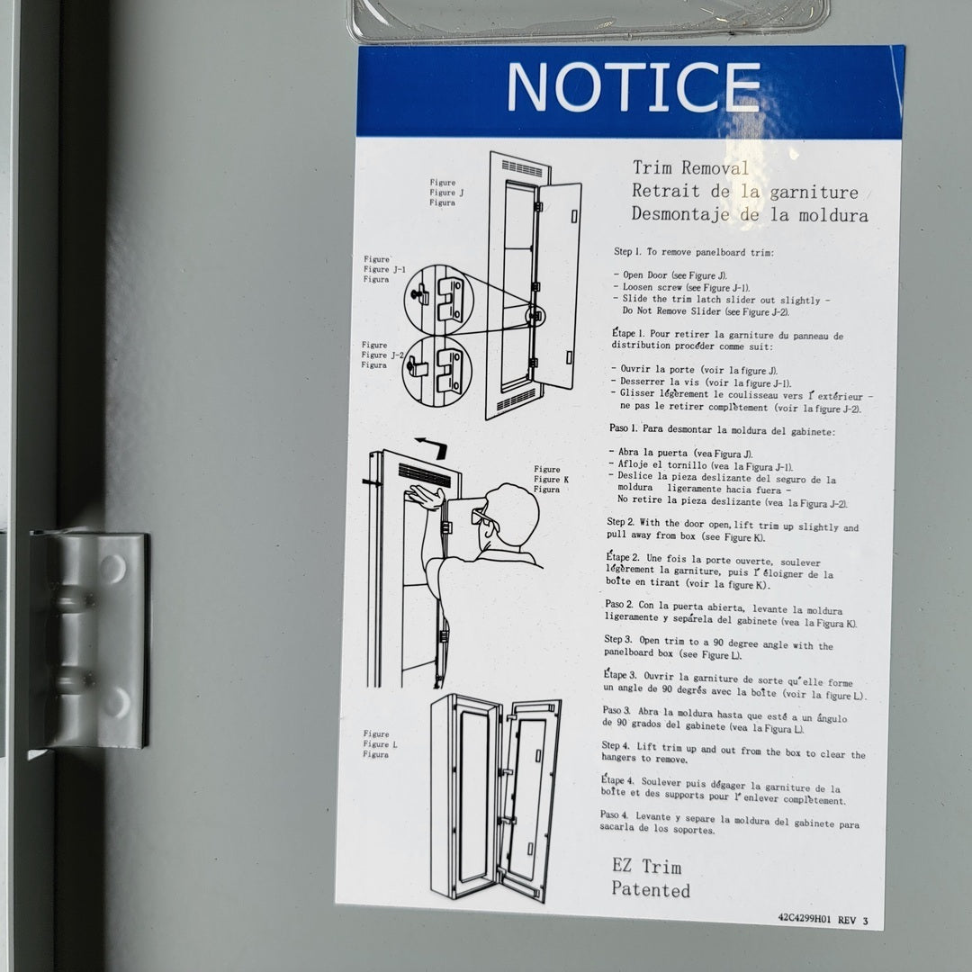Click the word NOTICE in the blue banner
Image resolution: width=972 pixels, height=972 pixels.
tap(633, 86)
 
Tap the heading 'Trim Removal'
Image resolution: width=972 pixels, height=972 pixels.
tap(690, 167)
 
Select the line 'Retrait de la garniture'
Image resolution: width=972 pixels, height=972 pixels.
tap(745, 191)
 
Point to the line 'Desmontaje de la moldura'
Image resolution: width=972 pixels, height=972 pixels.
tap(750, 214)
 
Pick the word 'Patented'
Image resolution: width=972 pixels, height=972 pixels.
tap(651, 889)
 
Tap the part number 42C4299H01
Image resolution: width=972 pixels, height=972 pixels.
tap(804, 918)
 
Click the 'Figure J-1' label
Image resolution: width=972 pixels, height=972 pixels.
tap(384, 269)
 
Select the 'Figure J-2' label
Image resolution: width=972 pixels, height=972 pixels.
tap(382, 355)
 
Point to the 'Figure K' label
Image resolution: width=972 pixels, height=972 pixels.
tap(551, 479)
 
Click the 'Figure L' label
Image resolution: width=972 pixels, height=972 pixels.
tap(380, 744)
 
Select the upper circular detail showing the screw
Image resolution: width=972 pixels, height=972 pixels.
tap(437, 300)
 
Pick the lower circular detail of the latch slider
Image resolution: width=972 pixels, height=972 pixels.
tap(436, 372)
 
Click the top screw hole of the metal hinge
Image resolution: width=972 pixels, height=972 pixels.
tap(112, 569)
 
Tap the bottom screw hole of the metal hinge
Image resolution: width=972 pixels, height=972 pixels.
tap(115, 701)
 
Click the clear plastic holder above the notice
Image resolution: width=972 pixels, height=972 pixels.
tap(589, 20)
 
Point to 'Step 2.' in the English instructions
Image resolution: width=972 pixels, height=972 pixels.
tap(620, 522)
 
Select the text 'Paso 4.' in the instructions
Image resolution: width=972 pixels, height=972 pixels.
tap(614, 814)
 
